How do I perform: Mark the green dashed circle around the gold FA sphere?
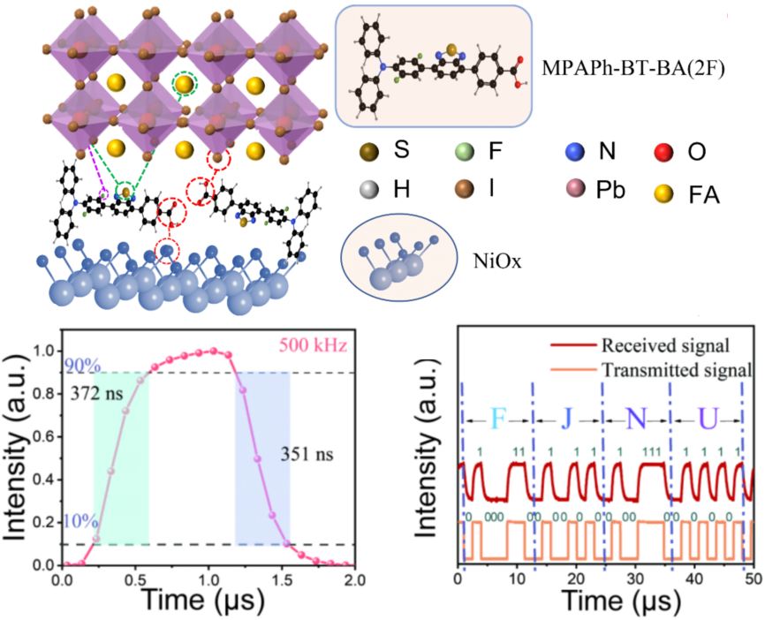tap(184, 85)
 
